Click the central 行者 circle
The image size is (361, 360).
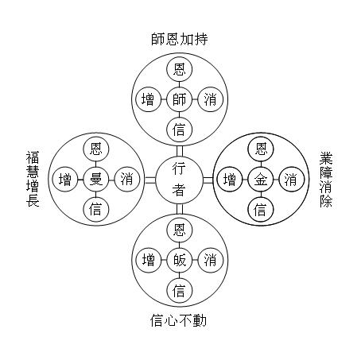tap(179, 180)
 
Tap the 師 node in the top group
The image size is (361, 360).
tap(179, 99)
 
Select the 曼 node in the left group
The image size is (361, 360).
tap(95, 180)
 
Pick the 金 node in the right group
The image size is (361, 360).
tap(261, 180)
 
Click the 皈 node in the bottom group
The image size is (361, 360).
tap(179, 260)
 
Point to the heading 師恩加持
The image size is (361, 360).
tap(180, 39)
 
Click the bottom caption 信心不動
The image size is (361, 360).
tap(178, 320)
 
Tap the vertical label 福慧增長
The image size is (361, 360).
tap(33, 179)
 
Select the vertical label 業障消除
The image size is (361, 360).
tap(326, 180)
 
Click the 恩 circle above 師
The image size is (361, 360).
tap(179, 69)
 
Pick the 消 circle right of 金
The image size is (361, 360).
tap(291, 180)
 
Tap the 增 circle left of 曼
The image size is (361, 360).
tap(65, 180)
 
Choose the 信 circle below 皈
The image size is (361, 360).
tap(179, 290)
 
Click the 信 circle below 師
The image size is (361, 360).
tap(179, 130)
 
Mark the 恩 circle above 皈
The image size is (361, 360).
tap(179, 230)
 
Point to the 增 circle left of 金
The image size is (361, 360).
tap(230, 180)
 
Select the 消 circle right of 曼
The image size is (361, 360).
tap(127, 180)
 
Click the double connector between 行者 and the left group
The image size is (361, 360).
tap(150, 180)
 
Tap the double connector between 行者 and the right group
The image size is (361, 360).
tap(208, 180)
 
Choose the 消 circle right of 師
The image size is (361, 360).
tap(211, 99)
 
